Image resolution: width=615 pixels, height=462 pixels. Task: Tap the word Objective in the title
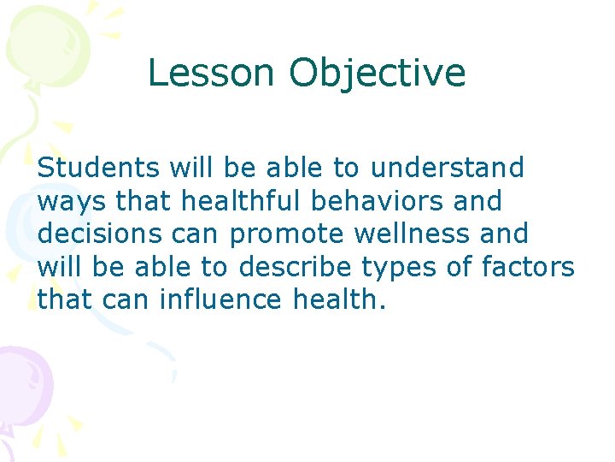(x=377, y=74)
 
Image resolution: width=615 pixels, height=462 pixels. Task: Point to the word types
(x=398, y=267)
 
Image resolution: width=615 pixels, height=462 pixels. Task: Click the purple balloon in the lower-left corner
(x=21, y=376)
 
